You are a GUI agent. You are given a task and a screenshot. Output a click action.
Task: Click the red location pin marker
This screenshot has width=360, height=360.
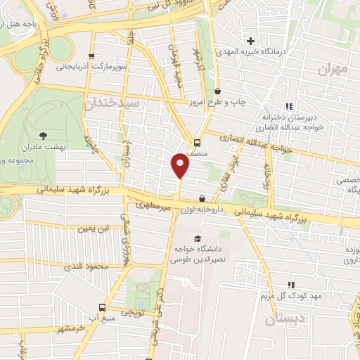click(181, 165)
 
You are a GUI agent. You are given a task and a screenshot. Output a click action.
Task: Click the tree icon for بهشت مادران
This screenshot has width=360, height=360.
click(45, 134)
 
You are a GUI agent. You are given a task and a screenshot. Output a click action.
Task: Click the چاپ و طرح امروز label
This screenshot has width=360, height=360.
click(239, 103)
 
